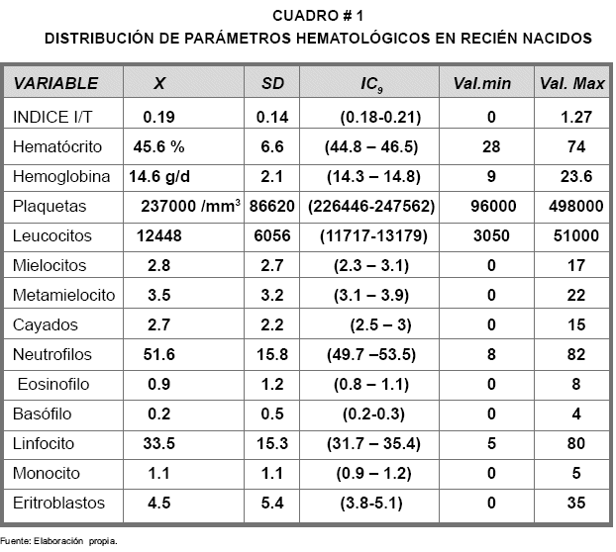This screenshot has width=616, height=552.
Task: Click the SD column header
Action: tap(271, 83)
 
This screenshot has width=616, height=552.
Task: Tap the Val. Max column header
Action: tap(572, 83)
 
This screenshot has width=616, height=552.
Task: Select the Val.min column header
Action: tap(481, 83)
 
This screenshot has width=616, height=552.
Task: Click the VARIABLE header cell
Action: tap(56, 83)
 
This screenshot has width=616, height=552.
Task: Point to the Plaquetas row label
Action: tap(50, 207)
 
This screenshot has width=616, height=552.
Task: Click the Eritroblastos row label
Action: tap(58, 504)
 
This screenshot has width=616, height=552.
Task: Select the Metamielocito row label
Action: tap(63, 296)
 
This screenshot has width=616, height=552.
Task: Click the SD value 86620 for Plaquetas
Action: tap(271, 207)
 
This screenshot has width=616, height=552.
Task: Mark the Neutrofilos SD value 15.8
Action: tap(271, 355)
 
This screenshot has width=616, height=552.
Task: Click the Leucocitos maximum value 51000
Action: tap(572, 236)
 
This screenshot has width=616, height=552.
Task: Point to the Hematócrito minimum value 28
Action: tap(489, 147)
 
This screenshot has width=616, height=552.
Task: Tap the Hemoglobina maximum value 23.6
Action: tap(572, 177)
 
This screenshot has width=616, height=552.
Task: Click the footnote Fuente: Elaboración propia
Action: tap(58, 541)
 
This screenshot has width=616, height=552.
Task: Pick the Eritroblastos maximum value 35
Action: tap(572, 504)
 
